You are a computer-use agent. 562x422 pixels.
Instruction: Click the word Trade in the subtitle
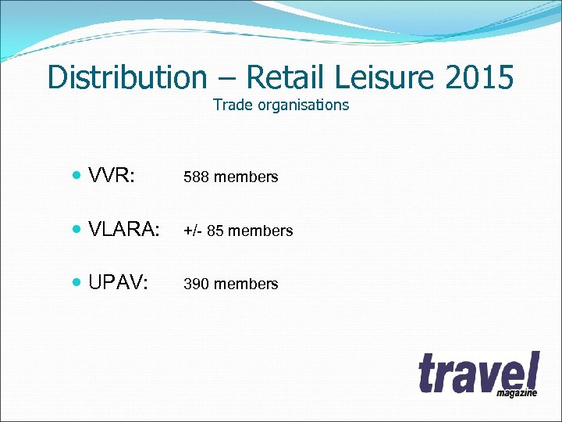pyautogui.click(x=231, y=105)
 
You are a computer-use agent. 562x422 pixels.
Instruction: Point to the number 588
pyautogui.click(x=197, y=177)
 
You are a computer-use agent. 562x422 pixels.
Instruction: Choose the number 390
pyautogui.click(x=197, y=284)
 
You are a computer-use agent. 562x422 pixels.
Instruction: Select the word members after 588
pyautogui.click(x=246, y=177)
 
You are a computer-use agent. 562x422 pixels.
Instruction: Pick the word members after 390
pyautogui.click(x=246, y=284)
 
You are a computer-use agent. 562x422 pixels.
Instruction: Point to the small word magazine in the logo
pyautogui.click(x=517, y=392)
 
